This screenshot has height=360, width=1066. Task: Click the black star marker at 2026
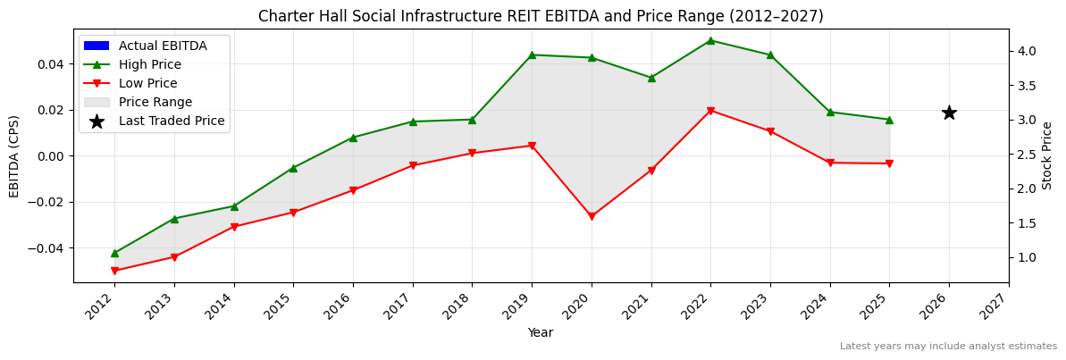tap(949, 113)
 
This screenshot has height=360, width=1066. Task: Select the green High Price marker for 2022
tap(710, 40)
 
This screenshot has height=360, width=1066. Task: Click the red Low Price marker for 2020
tap(592, 216)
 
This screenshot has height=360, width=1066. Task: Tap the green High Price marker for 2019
tap(532, 54)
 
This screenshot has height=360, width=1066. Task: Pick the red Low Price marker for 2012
tap(114, 271)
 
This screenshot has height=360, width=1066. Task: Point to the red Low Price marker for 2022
tap(710, 111)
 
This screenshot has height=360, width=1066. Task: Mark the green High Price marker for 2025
tap(889, 120)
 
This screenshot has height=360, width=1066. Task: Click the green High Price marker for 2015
tap(293, 168)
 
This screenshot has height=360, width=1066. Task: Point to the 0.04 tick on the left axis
tap(50, 64)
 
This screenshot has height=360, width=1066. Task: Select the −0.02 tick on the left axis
tap(46, 202)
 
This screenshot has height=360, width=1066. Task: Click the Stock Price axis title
tap(1047, 155)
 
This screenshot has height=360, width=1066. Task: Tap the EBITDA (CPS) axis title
tap(14, 155)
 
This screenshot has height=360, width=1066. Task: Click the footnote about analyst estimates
tap(948, 347)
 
